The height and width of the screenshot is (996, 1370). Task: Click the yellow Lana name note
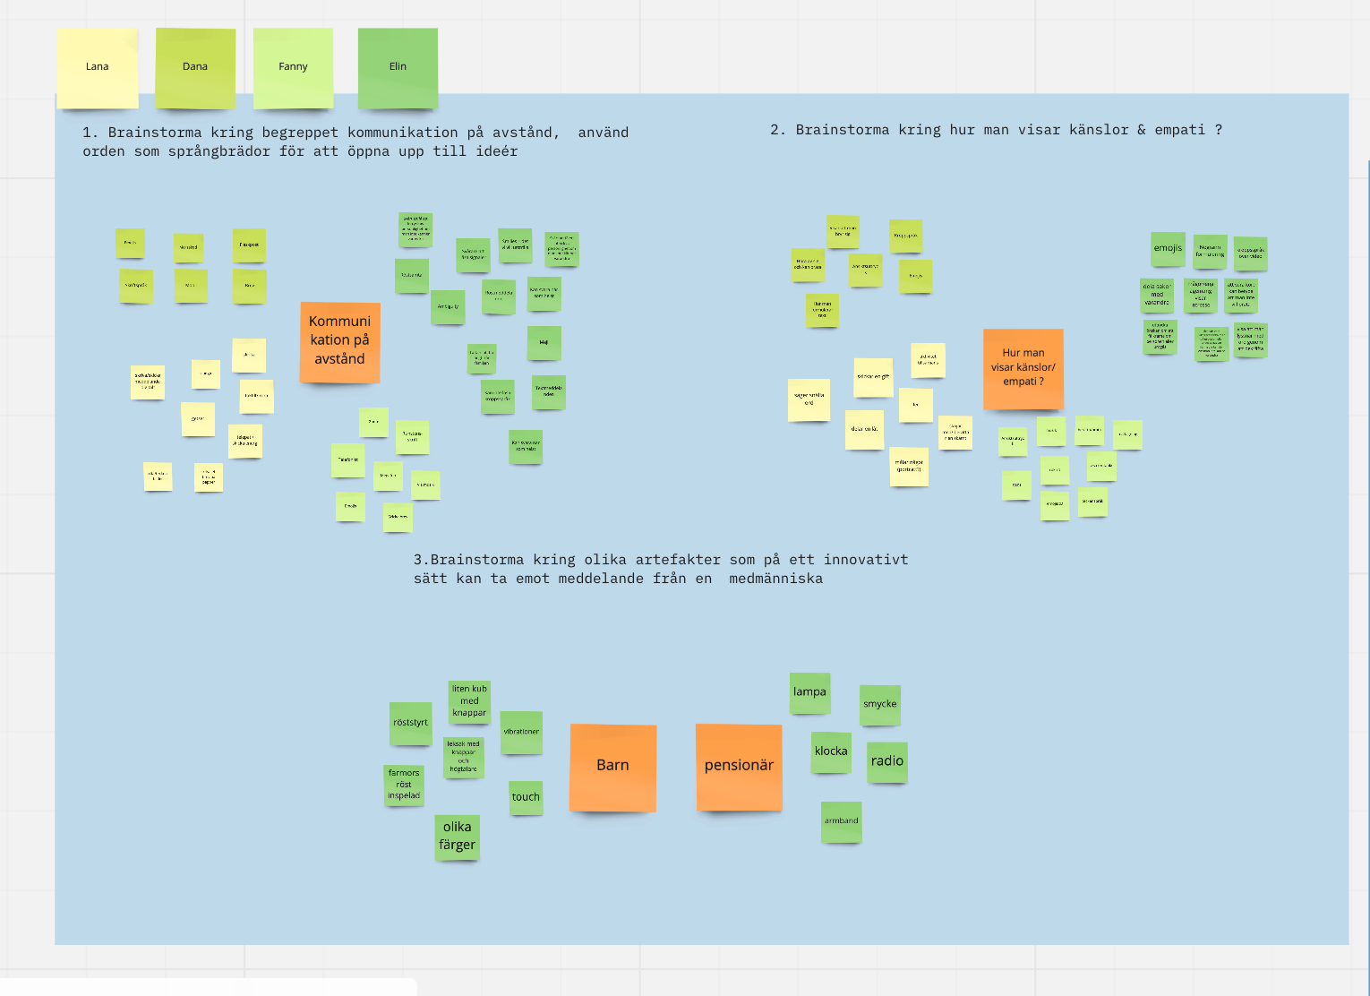click(97, 68)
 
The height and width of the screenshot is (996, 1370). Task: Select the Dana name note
click(195, 68)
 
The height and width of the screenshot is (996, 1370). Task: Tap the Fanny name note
click(293, 68)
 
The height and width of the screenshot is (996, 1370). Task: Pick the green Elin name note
click(398, 68)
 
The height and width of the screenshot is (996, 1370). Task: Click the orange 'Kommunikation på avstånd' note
click(339, 341)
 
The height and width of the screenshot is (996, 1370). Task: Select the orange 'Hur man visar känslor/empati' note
click(1023, 368)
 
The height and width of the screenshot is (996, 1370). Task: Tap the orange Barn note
click(612, 767)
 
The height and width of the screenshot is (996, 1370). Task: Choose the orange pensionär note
click(739, 767)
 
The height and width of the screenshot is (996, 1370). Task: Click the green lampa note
click(809, 693)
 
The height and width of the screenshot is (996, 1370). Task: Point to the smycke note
click(879, 705)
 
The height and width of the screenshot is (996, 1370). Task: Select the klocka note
click(831, 752)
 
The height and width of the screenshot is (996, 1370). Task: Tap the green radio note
click(887, 762)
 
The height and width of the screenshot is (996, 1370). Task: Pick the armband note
click(842, 821)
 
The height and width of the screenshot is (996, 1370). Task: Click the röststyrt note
click(410, 724)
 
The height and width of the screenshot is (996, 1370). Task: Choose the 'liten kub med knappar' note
click(469, 702)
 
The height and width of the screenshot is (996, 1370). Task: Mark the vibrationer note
click(521, 733)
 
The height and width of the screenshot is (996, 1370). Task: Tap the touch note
click(526, 797)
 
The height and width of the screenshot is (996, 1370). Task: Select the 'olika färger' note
click(457, 837)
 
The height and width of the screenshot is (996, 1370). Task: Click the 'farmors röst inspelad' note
click(404, 785)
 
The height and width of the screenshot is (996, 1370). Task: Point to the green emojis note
click(1168, 249)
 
